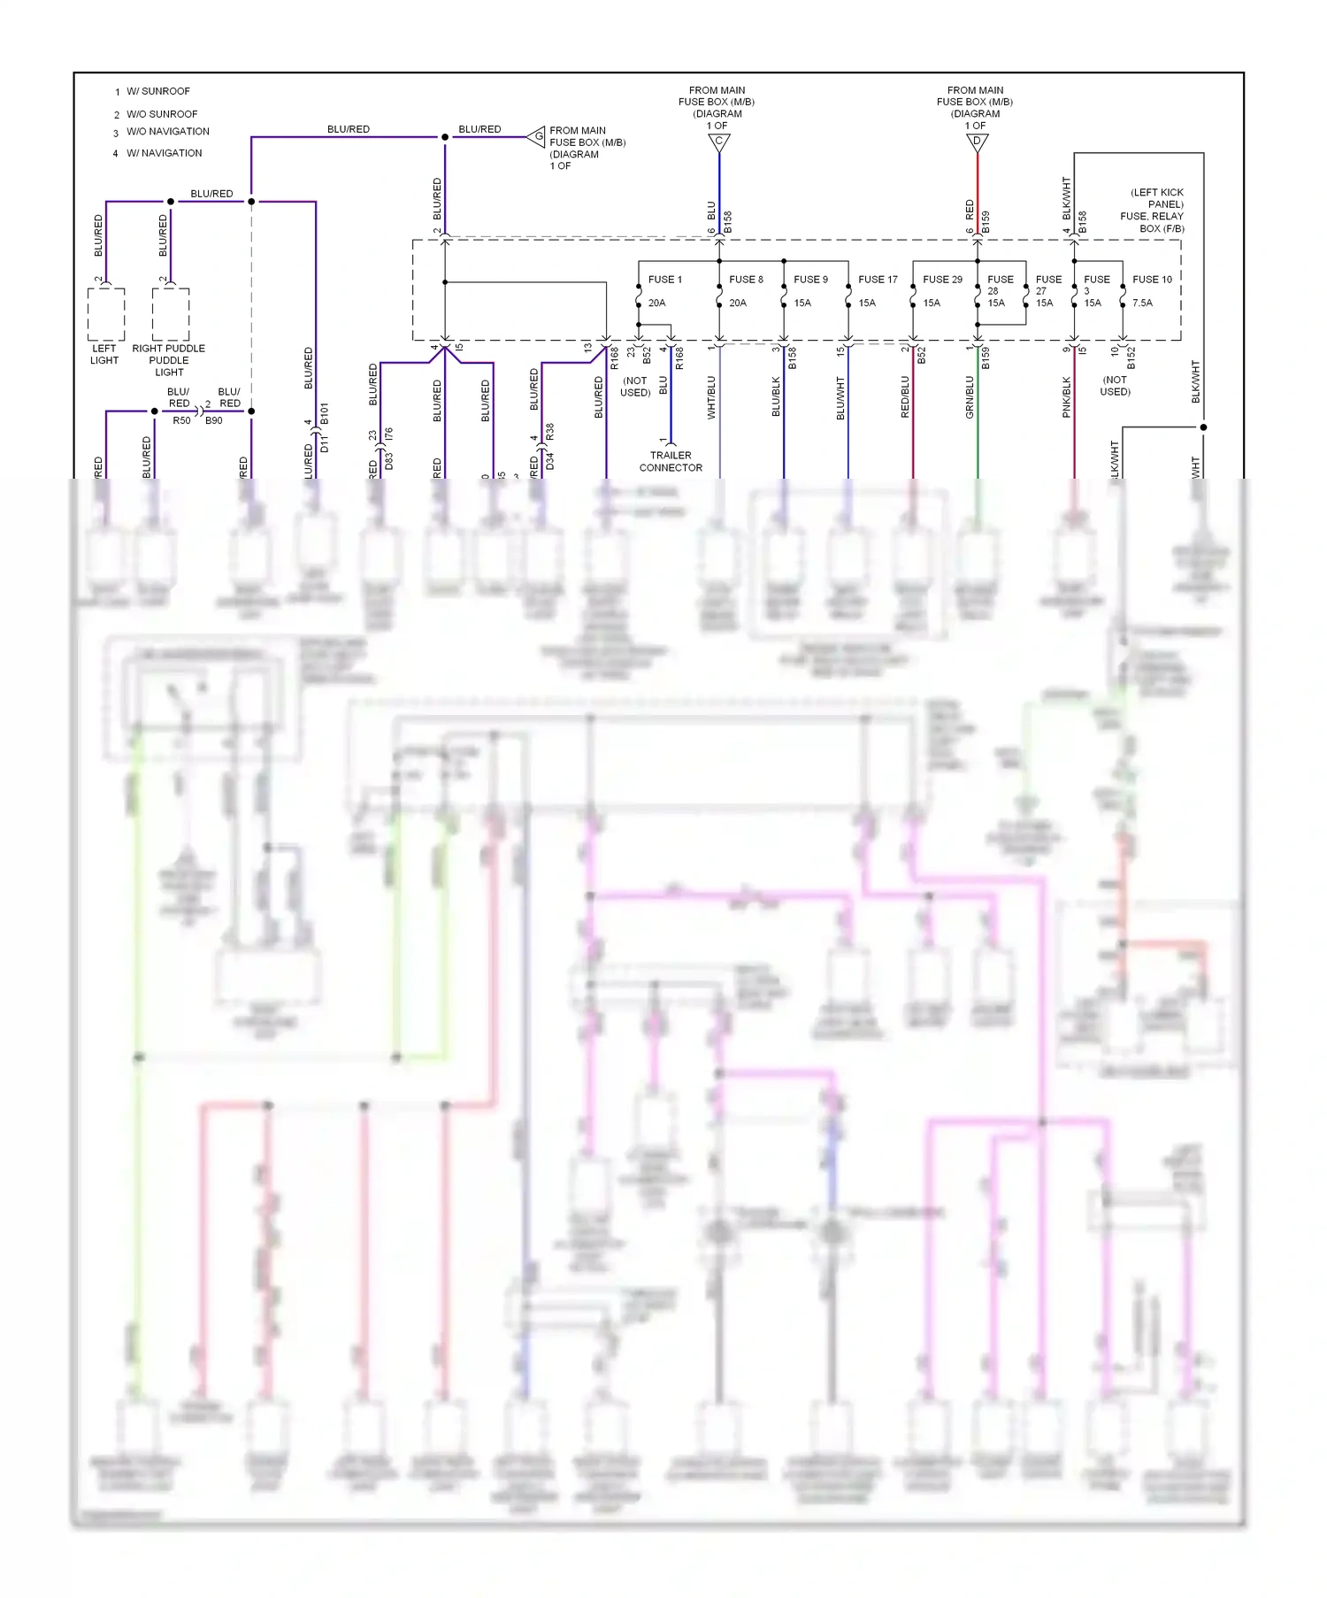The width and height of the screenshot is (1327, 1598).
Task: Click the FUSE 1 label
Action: [x=664, y=280]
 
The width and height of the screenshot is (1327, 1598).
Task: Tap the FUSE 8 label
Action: [x=746, y=280]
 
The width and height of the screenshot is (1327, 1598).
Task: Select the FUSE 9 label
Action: [x=810, y=280]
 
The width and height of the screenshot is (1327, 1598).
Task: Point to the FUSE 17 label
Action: [x=878, y=280]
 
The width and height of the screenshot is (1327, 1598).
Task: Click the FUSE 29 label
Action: [x=942, y=280]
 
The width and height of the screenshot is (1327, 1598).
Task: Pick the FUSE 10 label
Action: [x=1152, y=280]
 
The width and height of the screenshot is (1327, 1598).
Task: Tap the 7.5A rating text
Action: [x=1142, y=303]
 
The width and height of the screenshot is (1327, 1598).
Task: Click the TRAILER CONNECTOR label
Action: [x=671, y=462]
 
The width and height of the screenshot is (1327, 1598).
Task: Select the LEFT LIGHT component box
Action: [x=106, y=314]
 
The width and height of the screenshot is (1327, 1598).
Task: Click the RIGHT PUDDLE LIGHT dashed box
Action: [x=171, y=314]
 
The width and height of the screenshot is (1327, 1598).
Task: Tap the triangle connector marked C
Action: [x=719, y=142]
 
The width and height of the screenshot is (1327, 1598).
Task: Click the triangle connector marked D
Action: [x=978, y=142]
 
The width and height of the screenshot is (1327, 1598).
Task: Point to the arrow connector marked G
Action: [x=537, y=136]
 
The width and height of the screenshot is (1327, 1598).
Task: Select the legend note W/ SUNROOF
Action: [x=157, y=91]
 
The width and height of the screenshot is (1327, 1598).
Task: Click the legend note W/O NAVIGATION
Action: [x=167, y=132]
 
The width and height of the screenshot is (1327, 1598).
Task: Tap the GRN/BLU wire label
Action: [x=970, y=397]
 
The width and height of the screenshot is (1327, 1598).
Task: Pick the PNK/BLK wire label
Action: [x=1066, y=397]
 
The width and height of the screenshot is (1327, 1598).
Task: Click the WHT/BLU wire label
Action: [x=711, y=397]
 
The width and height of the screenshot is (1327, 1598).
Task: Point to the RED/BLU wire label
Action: [x=905, y=397]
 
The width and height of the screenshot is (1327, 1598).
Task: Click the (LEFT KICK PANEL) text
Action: [x=1157, y=198]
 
